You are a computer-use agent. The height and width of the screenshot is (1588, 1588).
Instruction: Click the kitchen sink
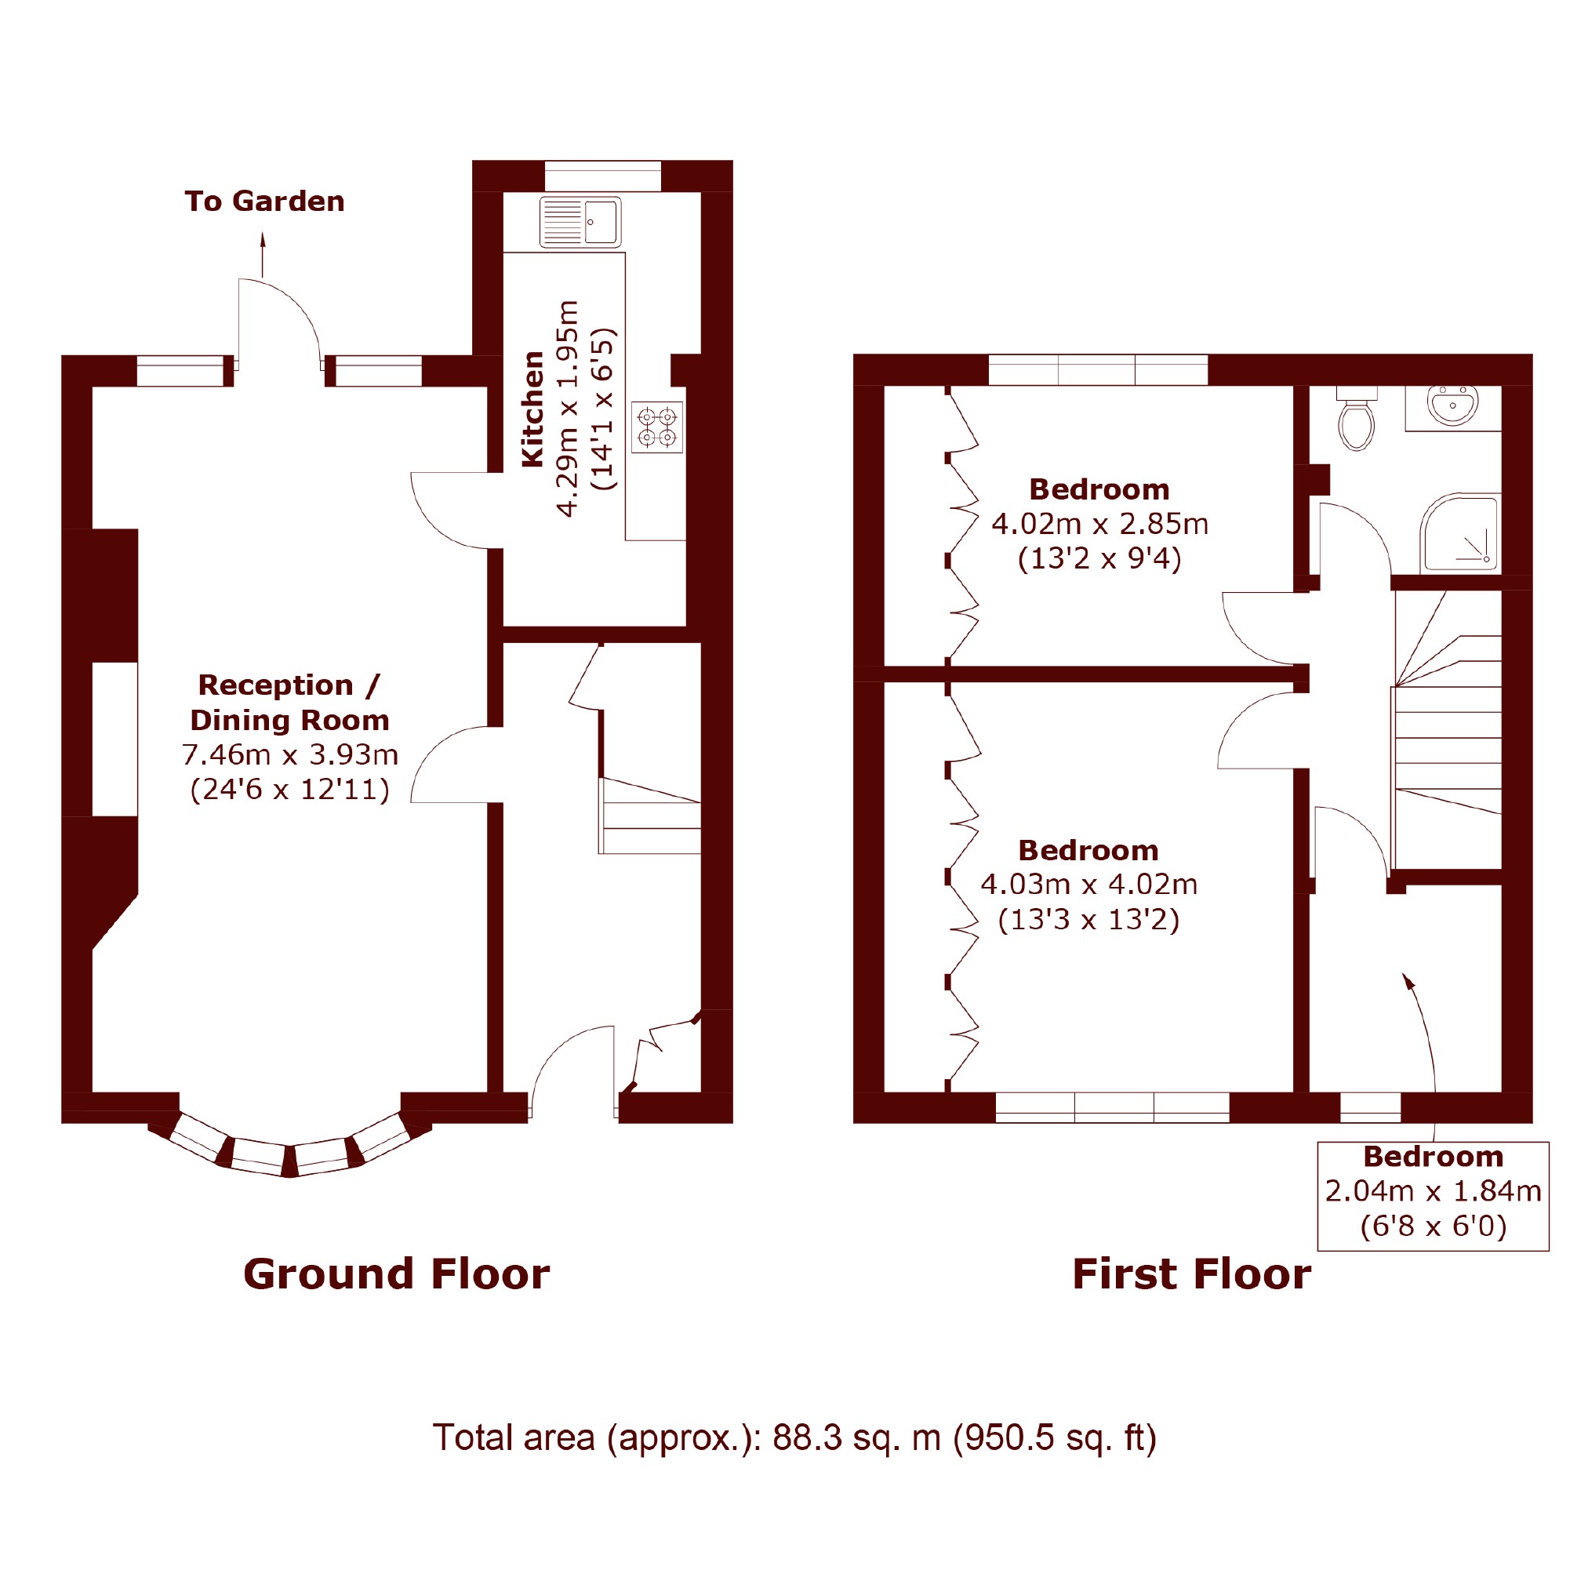pyautogui.click(x=580, y=222)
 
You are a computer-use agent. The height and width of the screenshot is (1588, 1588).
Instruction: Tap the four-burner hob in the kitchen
pyautogui.click(x=656, y=427)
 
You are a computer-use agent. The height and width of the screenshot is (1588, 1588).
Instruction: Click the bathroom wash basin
pyautogui.click(x=1453, y=405)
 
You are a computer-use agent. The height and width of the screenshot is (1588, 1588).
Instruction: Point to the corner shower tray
pyautogui.click(x=1461, y=533)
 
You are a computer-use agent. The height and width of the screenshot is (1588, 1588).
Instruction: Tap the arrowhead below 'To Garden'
pyautogui.click(x=263, y=239)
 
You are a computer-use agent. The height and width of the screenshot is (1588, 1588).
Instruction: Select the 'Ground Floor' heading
pyautogui.click(x=396, y=1274)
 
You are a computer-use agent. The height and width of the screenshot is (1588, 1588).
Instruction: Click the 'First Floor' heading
pyautogui.click(x=1192, y=1274)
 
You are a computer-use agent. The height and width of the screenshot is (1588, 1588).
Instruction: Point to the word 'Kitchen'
pyautogui.click(x=533, y=409)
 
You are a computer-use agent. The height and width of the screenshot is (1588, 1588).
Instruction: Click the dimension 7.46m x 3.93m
pyautogui.click(x=290, y=754)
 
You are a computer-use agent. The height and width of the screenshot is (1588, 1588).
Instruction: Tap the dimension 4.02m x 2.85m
pyautogui.click(x=1099, y=525)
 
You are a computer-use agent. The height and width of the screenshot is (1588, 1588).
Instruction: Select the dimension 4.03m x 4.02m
pyautogui.click(x=1089, y=885)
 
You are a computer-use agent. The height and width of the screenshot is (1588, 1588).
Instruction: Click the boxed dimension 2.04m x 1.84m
pyautogui.click(x=1434, y=1191)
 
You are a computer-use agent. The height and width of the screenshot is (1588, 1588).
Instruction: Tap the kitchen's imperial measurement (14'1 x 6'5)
pyautogui.click(x=604, y=409)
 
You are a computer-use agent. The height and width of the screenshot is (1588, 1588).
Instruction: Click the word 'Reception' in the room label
pyautogui.click(x=276, y=685)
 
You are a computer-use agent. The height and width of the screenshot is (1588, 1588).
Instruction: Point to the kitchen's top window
pyautogui.click(x=602, y=176)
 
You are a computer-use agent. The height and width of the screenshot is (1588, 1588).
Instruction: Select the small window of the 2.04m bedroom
pyautogui.click(x=1370, y=1107)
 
